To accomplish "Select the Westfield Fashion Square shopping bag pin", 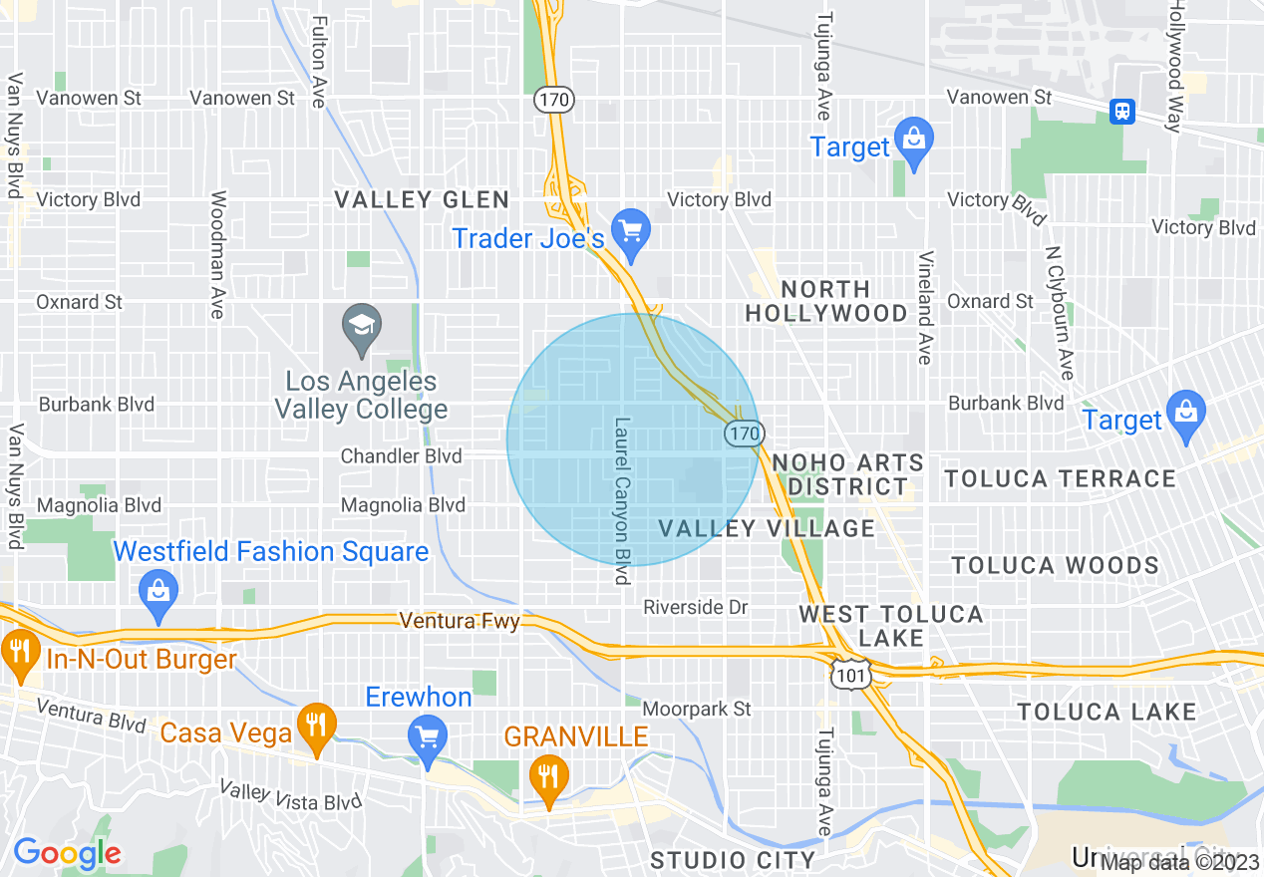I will [158, 589].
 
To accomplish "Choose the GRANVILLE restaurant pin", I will [547, 775].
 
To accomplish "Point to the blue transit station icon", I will [1122, 111].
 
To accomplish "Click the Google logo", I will [67, 853].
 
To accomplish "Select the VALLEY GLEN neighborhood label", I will [422, 200].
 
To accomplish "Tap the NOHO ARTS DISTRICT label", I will [847, 474].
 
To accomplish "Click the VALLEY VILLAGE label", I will [766, 528].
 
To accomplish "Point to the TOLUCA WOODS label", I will [1055, 566].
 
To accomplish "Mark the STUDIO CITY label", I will [732, 859].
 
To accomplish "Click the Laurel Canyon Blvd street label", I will [623, 500].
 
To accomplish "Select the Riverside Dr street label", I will [695, 607].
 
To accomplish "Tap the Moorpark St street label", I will [696, 709].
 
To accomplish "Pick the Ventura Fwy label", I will [460, 621].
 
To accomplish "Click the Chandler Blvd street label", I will [401, 456].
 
